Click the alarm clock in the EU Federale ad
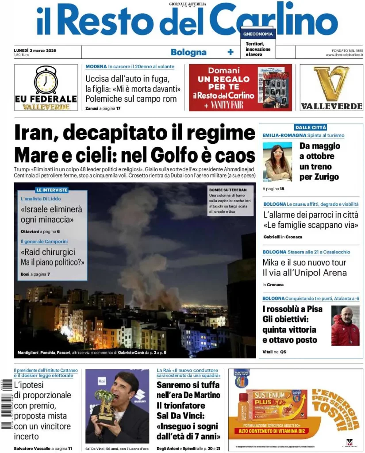point(46,80)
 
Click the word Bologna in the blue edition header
point(188,52)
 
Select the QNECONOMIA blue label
point(258,34)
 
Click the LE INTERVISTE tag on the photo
point(52,190)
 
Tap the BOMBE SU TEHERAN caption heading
point(225,190)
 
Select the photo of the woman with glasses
point(277,162)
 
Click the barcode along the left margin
point(6,404)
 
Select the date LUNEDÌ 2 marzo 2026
point(38,50)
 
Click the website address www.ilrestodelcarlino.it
point(344,55)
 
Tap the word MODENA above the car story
point(96,67)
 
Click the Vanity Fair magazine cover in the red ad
point(275,87)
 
